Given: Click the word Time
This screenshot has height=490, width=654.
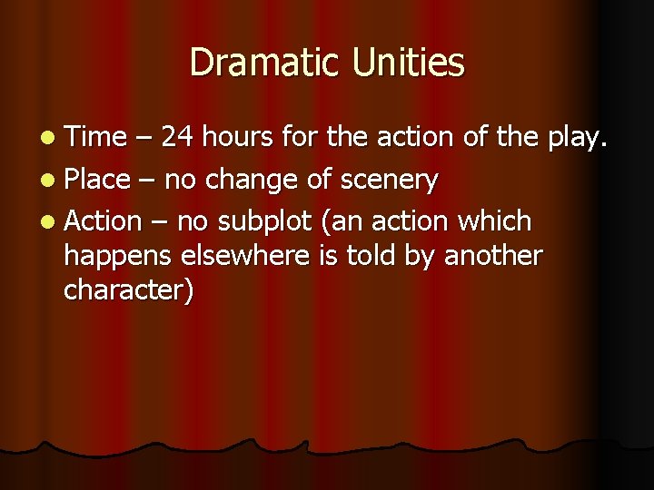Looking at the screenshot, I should [95, 137].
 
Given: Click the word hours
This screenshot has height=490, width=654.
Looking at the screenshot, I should [239, 137].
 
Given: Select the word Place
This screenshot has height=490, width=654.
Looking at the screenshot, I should [97, 179].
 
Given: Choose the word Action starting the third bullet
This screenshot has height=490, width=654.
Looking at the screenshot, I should [103, 220].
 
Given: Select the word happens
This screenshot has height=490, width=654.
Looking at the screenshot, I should [118, 257].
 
